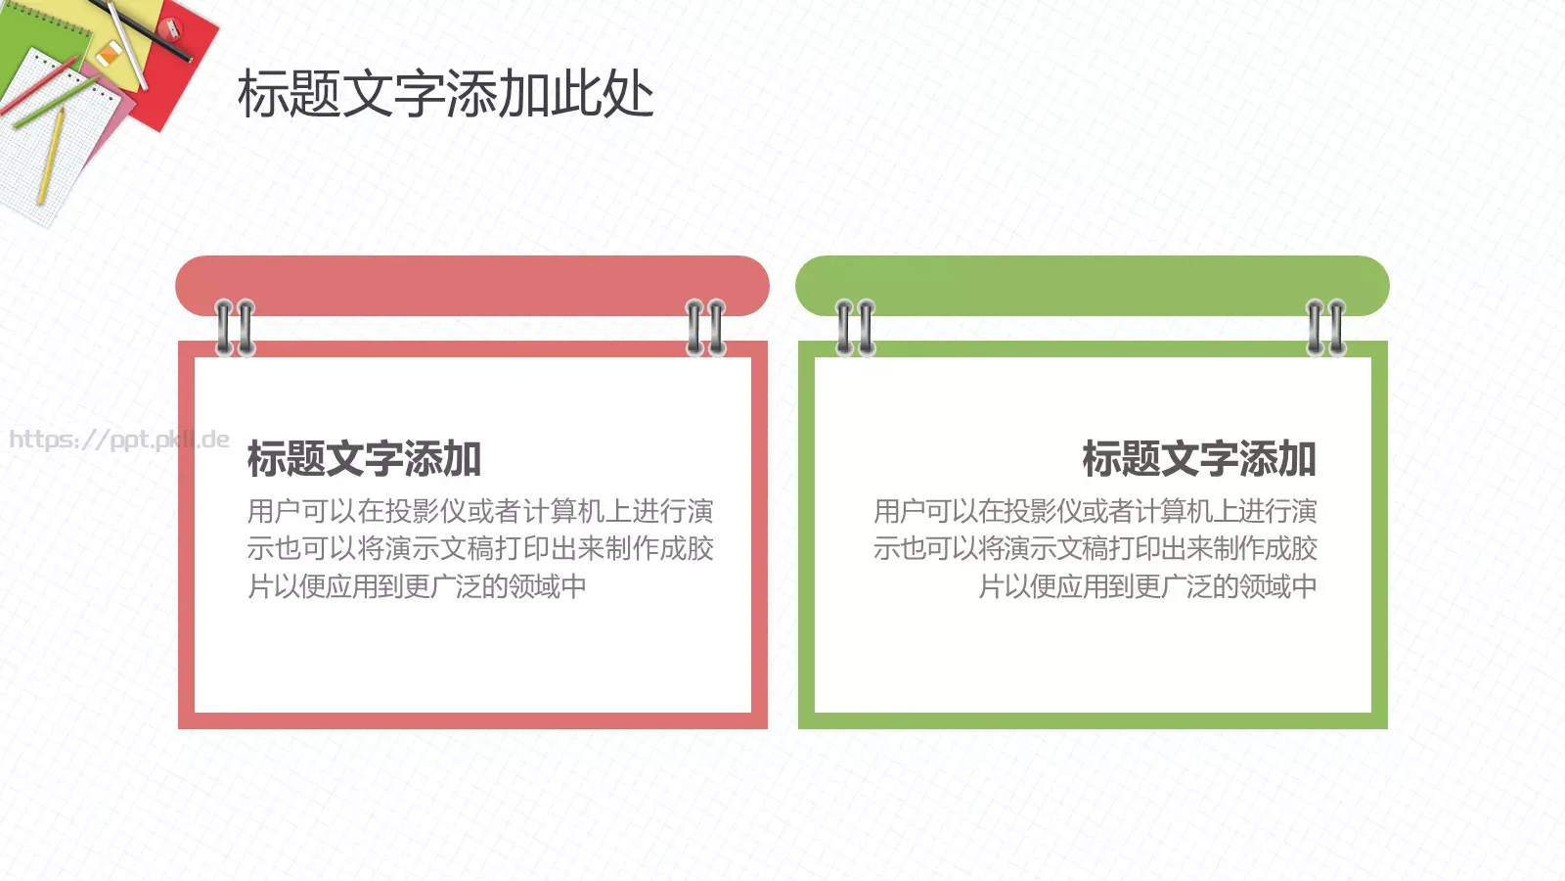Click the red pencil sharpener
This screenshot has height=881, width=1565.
tap(171, 26)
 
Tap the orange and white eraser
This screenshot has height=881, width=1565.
tap(109, 53)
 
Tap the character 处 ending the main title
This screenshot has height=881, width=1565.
tap(629, 95)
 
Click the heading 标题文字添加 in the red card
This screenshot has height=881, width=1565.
tap(364, 459)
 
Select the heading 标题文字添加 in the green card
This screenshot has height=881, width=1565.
tap(1199, 459)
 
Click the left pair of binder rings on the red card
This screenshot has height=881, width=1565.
tap(235, 328)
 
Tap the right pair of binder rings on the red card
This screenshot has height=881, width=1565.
tap(705, 328)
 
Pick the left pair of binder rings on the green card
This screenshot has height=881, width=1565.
tap(855, 328)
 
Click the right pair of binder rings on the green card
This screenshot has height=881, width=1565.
tap(1326, 328)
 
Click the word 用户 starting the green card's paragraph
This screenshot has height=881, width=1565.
tap(900, 511)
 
